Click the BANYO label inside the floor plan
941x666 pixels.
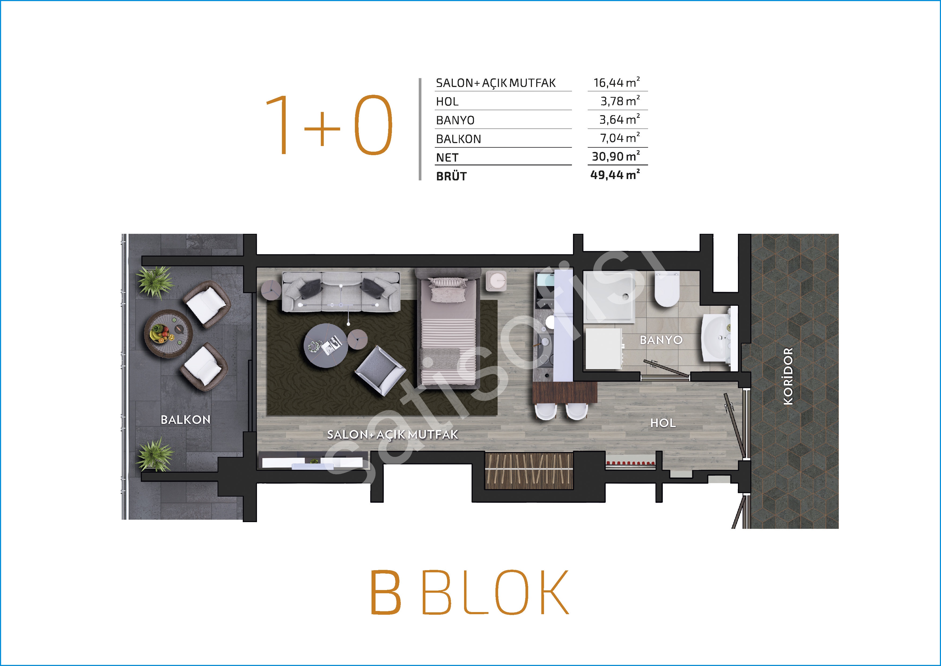[661, 340]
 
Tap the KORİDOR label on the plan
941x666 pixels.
[788, 376]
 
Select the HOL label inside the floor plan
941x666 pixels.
[663, 423]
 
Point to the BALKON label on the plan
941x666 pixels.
[186, 420]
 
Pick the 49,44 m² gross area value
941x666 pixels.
[615, 175]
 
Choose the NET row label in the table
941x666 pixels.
[447, 158]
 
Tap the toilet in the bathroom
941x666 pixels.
[667, 289]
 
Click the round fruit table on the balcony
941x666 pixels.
[168, 333]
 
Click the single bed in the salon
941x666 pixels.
[448, 328]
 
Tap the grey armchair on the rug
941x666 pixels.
[380, 371]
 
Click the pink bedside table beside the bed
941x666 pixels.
[496, 281]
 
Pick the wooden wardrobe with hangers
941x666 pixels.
[529, 471]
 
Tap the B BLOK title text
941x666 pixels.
[470, 592]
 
